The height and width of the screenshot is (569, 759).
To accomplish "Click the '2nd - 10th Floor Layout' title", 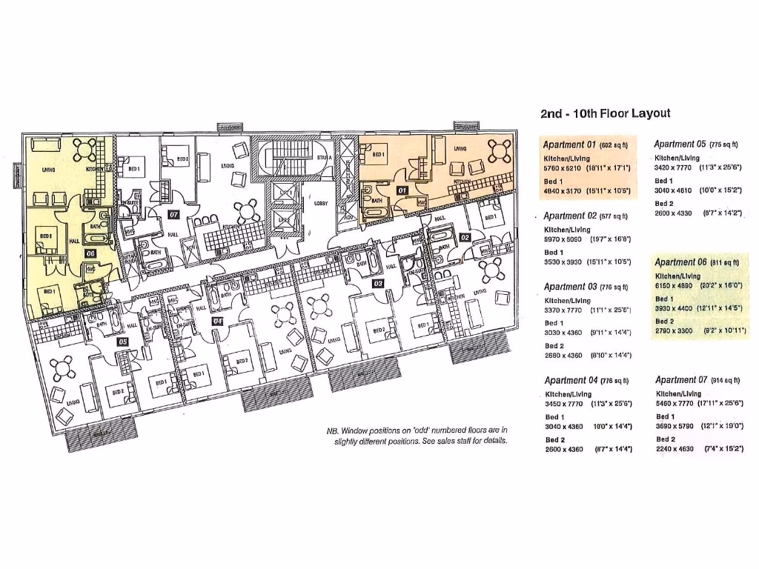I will pyautogui.click(x=606, y=113).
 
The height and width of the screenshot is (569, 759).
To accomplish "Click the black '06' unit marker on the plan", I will pyautogui.click(x=90, y=253).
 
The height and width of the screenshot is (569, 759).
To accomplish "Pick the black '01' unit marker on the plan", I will pyautogui.click(x=403, y=190).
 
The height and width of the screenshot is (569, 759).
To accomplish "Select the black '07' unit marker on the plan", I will pyautogui.click(x=173, y=215).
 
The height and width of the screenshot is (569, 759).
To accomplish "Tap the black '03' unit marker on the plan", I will pyautogui.click(x=377, y=283).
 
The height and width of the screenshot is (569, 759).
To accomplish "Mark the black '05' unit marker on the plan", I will pyautogui.click(x=123, y=342).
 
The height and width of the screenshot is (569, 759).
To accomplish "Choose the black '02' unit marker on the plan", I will pyautogui.click(x=465, y=236).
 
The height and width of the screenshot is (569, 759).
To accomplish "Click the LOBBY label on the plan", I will pyautogui.click(x=321, y=202).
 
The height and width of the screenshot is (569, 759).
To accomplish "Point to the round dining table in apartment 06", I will pyautogui.click(x=87, y=148).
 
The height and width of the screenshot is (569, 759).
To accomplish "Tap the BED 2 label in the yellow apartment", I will pyautogui.click(x=46, y=236).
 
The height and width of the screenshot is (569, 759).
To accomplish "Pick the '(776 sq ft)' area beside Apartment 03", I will pyautogui.click(x=614, y=287).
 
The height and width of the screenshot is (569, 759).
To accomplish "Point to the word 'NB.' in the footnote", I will pyautogui.click(x=333, y=430).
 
